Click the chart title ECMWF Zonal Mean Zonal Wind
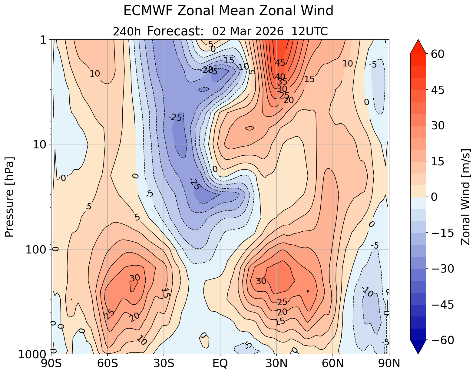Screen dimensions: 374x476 coord(228,11)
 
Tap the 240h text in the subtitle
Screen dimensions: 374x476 coord(127,31)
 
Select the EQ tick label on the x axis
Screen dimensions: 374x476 coord(220,363)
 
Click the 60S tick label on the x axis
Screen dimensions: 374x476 coord(107,363)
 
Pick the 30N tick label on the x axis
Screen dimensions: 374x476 coord(276,363)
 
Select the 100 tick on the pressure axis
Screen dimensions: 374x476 coord(36,249)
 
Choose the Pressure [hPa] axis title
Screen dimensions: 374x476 coord(10,197)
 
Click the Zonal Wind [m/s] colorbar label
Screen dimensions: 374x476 coord(466,197)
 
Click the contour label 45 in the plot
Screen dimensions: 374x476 coord(280,63)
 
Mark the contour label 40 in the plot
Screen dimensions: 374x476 coord(280,76)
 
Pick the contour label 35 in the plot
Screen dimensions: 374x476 coord(282,82)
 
